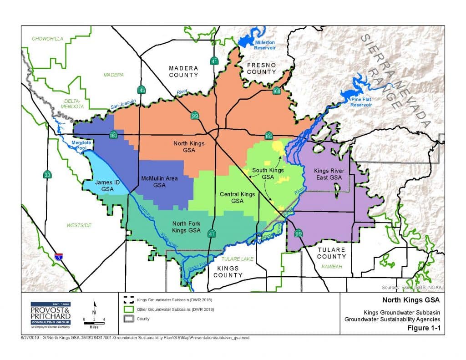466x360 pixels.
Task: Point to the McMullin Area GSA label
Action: (159, 182)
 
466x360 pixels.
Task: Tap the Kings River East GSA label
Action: (328, 174)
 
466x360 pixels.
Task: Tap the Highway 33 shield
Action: (47, 174)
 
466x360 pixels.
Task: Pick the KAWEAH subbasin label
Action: (331, 266)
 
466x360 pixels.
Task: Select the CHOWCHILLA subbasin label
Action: (47, 39)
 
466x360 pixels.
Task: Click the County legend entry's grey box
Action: (128, 319)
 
